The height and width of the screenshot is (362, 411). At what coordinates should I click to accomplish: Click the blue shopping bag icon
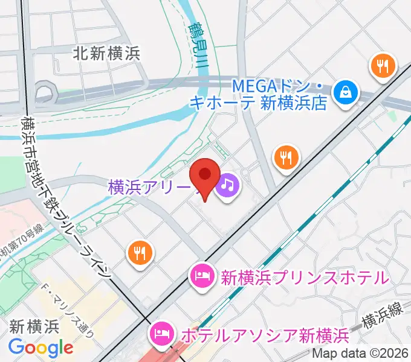[346, 92]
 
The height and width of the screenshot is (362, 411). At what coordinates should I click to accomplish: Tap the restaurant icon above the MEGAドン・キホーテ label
[383, 66]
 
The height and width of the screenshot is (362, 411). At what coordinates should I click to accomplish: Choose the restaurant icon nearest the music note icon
[286, 158]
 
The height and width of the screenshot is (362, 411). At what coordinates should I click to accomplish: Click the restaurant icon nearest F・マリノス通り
[140, 252]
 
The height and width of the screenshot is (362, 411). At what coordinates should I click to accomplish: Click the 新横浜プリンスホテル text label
[303, 278]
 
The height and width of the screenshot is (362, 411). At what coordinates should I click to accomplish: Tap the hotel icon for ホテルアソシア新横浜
[162, 332]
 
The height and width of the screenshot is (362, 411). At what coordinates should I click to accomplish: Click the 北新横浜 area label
[106, 53]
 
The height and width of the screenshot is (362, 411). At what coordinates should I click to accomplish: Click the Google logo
[40, 348]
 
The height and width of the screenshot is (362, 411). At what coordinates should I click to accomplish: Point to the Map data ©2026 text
[360, 354]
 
